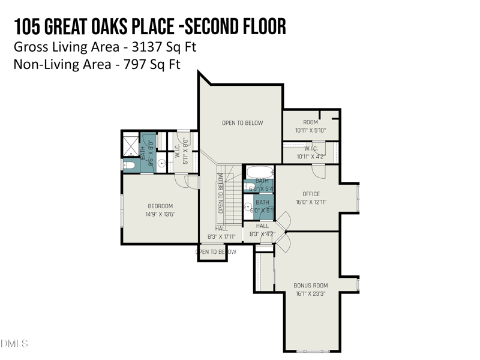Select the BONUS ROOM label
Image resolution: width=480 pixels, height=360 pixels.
pyautogui.click(x=310, y=286)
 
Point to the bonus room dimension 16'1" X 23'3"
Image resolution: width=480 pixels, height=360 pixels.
pyautogui.click(x=310, y=294)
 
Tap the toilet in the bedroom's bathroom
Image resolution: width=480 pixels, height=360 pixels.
pyautogui.click(x=129, y=165)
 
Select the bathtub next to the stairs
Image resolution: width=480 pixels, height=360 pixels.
pyautogui.click(x=259, y=172)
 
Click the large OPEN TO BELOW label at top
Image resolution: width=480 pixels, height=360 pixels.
pyautogui.click(x=242, y=123)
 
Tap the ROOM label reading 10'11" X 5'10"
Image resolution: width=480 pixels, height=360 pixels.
pyautogui.click(x=310, y=122)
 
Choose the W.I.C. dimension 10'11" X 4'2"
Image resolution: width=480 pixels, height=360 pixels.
pyautogui.click(x=310, y=157)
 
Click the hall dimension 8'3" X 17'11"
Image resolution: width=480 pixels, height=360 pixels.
pyautogui.click(x=221, y=236)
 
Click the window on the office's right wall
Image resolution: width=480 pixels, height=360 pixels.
pyautogui.click(x=358, y=198)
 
